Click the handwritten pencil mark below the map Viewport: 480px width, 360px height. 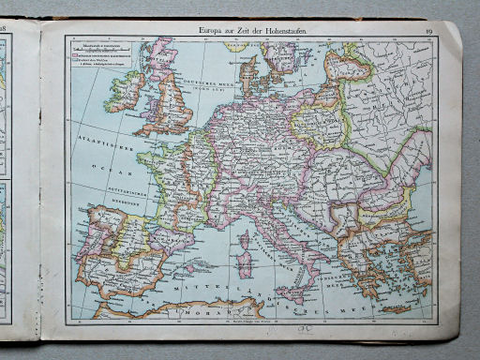303,329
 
